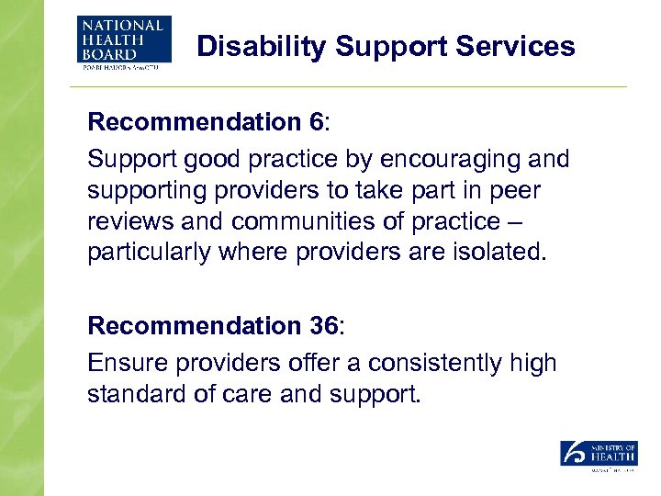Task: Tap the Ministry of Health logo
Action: (x=599, y=455)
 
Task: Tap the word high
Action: (x=532, y=363)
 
